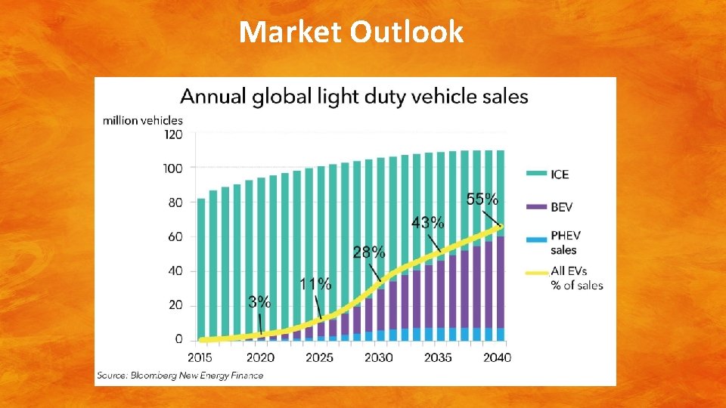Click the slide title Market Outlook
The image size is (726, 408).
pyautogui.click(x=351, y=32)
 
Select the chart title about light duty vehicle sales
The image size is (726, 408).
pyautogui.click(x=354, y=97)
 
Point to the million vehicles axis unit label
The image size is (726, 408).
pyautogui.click(x=143, y=121)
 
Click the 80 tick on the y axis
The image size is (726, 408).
pyautogui.click(x=175, y=202)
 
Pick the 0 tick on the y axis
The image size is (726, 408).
pyautogui.click(x=178, y=339)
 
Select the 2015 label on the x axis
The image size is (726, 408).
pyautogui.click(x=200, y=357)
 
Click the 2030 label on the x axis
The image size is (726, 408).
pyautogui.click(x=378, y=357)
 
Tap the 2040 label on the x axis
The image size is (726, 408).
pyautogui.click(x=498, y=357)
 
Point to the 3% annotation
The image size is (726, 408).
pyautogui.click(x=259, y=302)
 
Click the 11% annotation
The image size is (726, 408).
pyautogui.click(x=315, y=283)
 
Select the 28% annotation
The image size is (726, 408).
pyautogui.click(x=369, y=252)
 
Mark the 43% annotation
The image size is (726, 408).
pyautogui.click(x=428, y=223)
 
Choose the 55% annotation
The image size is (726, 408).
pyautogui.click(x=482, y=199)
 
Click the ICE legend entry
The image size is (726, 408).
pyautogui.click(x=548, y=174)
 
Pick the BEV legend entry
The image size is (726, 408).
pyautogui.click(x=549, y=207)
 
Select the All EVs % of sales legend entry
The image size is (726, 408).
pyautogui.click(x=564, y=278)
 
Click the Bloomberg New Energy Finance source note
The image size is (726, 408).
pyautogui.click(x=180, y=376)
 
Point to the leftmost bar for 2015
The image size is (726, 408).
pyautogui.click(x=201, y=270)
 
